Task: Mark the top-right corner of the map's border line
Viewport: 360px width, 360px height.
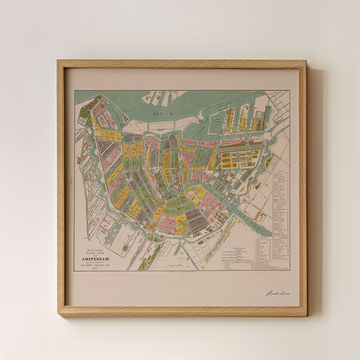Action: pyautogui.click(x=290, y=91)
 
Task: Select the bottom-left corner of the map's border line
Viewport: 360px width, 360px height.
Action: pyautogui.click(x=74, y=271)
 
